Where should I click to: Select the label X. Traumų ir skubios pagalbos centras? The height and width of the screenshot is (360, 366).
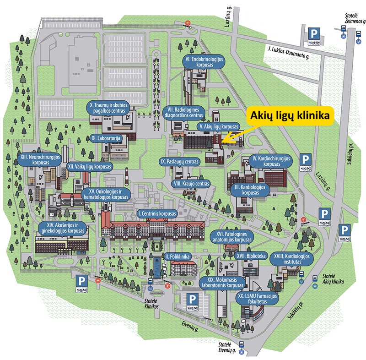(110, 109)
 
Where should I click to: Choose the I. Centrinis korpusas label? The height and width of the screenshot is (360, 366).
(157, 213)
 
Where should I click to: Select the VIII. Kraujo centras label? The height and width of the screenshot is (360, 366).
(192, 184)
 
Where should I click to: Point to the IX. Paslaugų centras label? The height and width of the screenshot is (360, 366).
(179, 162)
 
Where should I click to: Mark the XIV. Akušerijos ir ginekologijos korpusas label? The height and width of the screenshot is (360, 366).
(63, 228)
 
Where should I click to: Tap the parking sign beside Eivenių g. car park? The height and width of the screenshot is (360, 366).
(193, 299)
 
